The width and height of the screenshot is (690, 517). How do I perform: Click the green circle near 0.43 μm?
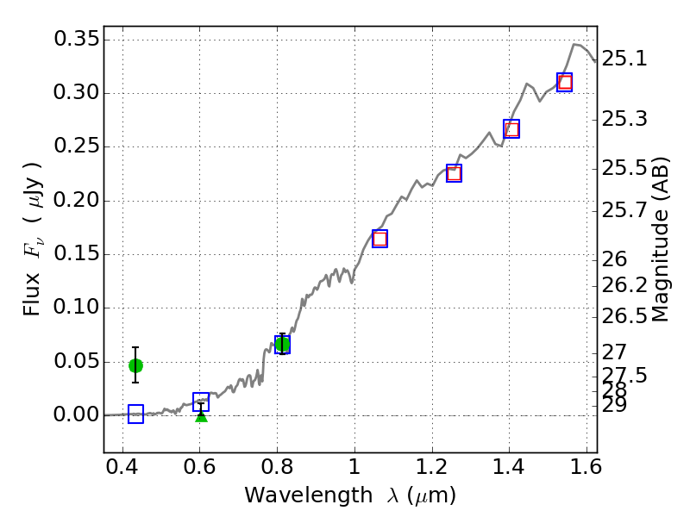[135, 365]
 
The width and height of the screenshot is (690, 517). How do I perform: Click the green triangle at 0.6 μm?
[201, 416]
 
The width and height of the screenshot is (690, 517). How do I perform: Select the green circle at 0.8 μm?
[282, 345]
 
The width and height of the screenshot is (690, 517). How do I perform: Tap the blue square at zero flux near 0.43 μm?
[135, 414]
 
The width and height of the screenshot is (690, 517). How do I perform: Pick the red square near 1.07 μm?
[379, 239]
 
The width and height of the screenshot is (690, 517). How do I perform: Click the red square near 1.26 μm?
[454, 173]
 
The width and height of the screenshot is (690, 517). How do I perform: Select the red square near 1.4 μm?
[511, 129]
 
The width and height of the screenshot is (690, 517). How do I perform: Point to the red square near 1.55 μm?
[565, 83]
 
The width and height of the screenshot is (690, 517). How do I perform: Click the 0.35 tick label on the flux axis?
[76, 40]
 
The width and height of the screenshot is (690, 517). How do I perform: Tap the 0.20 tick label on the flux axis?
[76, 201]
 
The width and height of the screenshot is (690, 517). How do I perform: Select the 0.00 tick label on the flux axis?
[76, 415]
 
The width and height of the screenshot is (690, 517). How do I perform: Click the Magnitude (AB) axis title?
[661, 240]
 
